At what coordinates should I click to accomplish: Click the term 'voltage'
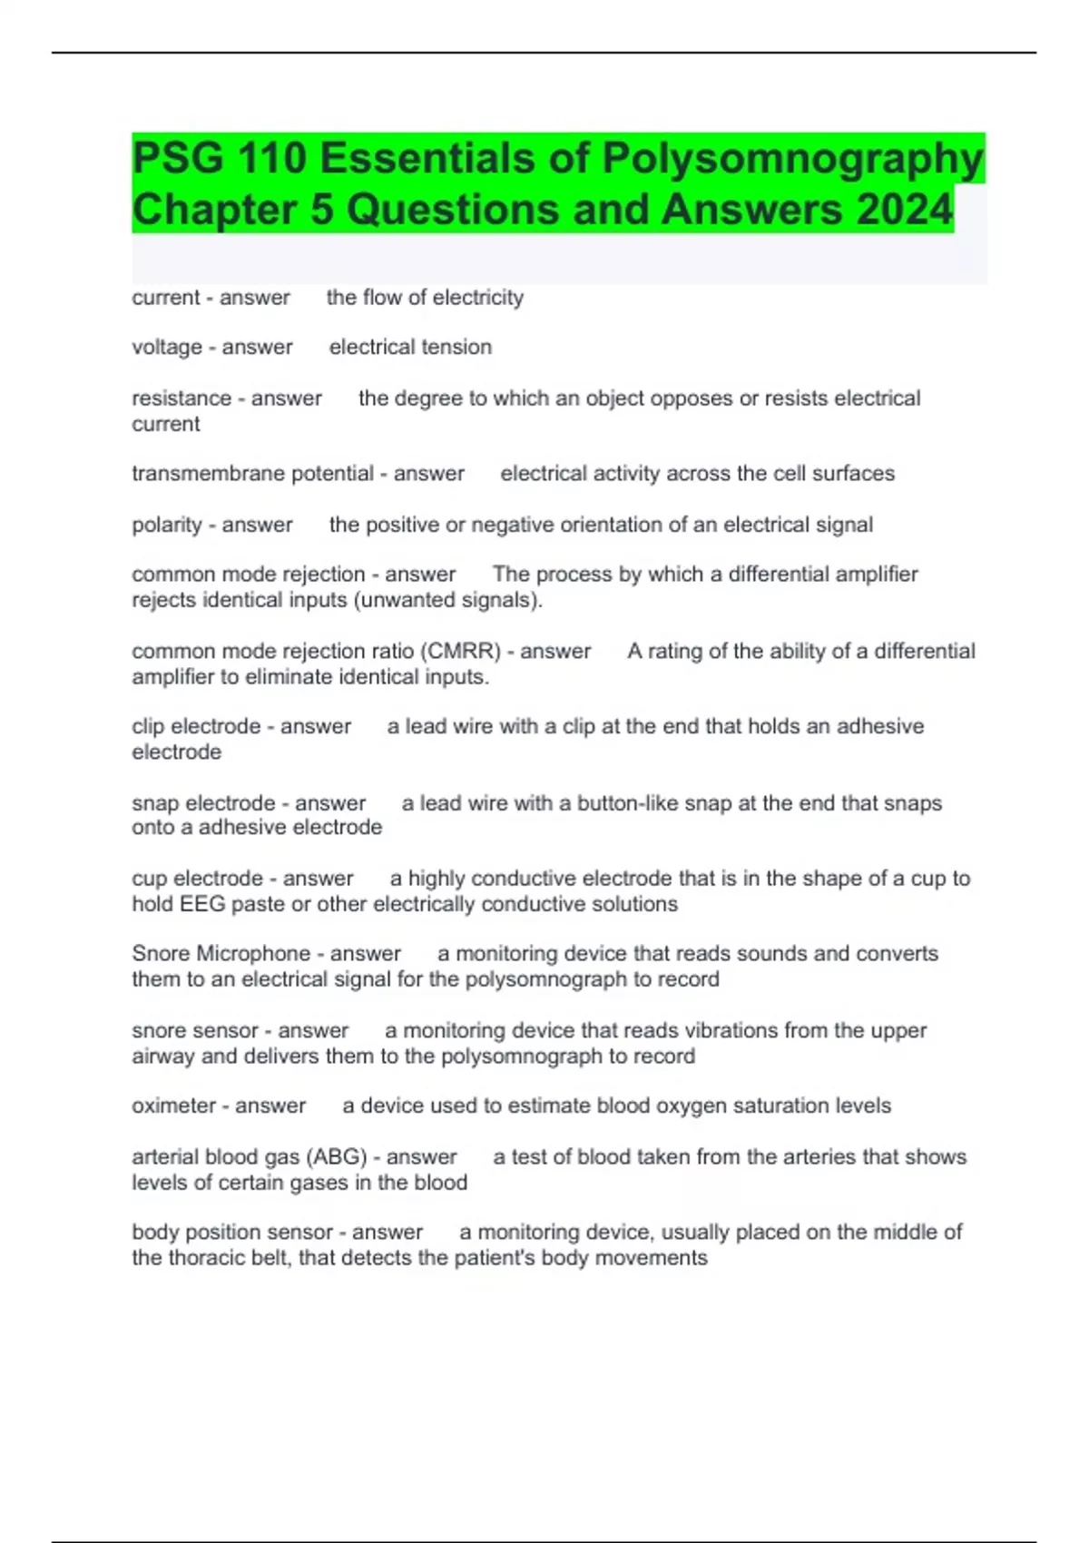167,348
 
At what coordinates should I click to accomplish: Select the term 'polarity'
167,525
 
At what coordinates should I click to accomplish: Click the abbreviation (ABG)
337,1157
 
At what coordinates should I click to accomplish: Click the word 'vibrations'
680,1031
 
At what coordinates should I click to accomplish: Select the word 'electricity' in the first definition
477,298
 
